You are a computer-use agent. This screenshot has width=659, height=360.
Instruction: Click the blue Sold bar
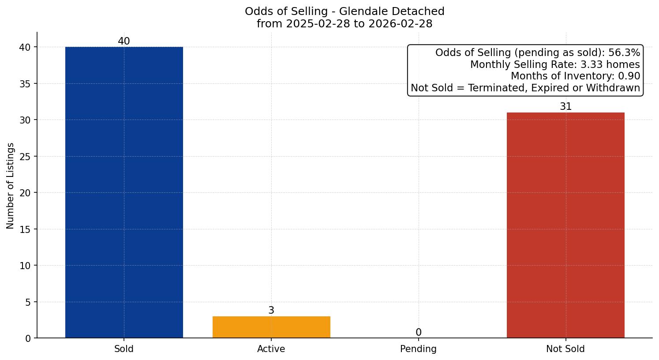click(124, 192)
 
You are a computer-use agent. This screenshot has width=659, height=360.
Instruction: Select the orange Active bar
click(271, 327)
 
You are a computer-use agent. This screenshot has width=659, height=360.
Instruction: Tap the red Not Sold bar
click(565, 225)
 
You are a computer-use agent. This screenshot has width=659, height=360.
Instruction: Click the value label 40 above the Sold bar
click(124, 41)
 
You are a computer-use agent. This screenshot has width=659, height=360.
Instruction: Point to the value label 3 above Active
click(271, 311)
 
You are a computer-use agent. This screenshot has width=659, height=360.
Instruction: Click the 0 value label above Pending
click(418, 333)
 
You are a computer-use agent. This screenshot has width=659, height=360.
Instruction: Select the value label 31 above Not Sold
click(565, 107)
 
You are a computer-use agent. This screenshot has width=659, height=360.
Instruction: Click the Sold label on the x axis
click(124, 349)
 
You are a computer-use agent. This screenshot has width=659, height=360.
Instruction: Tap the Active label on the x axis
click(271, 349)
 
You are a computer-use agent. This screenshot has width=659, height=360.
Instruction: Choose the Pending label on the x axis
click(418, 349)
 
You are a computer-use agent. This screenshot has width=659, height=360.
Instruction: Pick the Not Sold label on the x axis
click(565, 349)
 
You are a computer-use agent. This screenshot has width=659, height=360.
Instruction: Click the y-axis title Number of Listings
click(11, 186)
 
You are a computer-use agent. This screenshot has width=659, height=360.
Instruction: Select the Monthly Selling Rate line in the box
click(555, 65)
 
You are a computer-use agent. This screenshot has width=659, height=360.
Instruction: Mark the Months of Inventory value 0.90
click(629, 76)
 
